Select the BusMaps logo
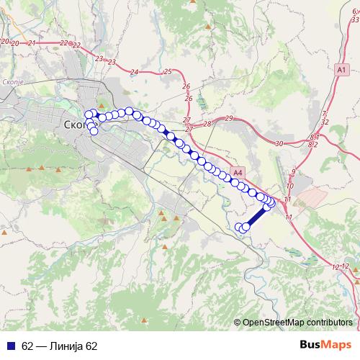[x=326, y=346]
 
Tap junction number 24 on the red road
[x=134, y=72]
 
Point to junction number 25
[x=168, y=71]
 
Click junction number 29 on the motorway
[x=229, y=118]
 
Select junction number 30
[x=279, y=144]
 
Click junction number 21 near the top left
[x=32, y=43]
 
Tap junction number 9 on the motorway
[x=293, y=171]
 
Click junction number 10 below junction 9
[x=290, y=186]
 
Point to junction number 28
[x=207, y=124]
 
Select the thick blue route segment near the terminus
[x=256, y=216]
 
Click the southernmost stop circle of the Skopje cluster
[x=94, y=131]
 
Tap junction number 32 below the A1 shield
[x=325, y=122]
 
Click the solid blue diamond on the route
[x=170, y=135]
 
